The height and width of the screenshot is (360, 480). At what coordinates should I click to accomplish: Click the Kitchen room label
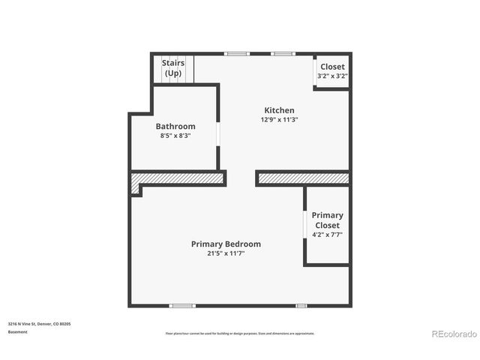pos(277,110)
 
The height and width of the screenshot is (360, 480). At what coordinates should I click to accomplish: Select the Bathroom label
pos(175,126)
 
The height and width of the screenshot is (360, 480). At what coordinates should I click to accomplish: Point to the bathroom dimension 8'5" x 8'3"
pos(175,136)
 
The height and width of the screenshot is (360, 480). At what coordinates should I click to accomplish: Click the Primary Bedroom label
pos(226,244)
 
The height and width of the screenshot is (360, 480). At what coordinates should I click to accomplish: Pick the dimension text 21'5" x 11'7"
pos(226,253)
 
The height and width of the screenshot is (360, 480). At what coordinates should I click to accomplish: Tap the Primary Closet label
pos(327,220)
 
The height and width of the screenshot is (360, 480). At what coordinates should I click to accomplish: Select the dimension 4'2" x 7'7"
pos(327,235)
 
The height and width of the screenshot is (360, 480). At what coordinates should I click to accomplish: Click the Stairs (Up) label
pos(173,67)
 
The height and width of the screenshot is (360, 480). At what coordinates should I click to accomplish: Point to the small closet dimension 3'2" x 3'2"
pos(332,76)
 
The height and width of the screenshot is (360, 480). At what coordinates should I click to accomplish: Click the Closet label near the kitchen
pos(332,67)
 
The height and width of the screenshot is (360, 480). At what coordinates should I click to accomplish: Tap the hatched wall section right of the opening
pos(303,178)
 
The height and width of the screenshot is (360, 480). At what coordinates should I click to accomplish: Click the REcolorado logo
pos(452,334)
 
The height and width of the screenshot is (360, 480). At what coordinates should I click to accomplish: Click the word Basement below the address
pos(19,331)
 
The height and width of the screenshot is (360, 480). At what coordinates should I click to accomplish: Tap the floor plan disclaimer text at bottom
pos(240,333)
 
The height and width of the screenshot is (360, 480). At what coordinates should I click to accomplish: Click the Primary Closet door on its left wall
pos(304,224)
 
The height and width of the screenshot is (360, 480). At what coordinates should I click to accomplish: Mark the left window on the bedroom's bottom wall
pos(181,305)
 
